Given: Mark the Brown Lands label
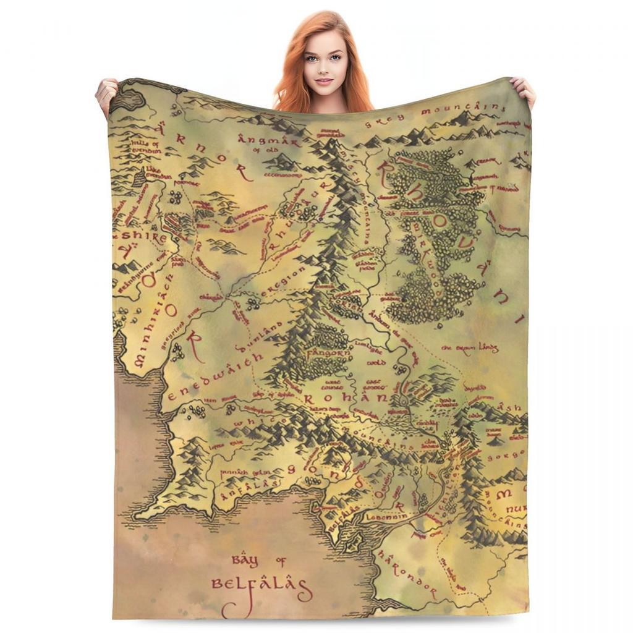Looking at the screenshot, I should [470, 348].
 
